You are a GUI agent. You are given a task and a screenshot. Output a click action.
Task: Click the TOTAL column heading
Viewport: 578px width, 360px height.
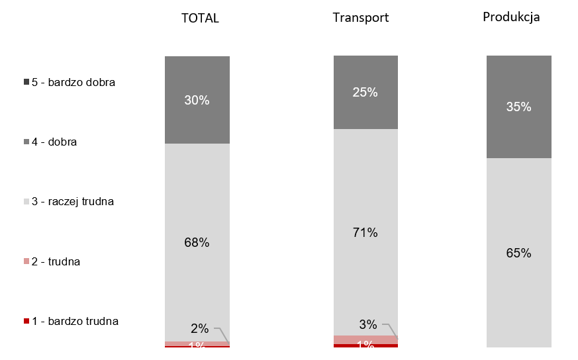click(200, 19)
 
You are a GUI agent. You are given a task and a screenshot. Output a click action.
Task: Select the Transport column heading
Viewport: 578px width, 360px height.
click(361, 18)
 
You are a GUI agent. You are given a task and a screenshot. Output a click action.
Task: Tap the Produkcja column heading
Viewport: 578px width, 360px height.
click(511, 17)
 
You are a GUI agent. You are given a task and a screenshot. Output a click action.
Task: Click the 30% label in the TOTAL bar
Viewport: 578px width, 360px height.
click(197, 101)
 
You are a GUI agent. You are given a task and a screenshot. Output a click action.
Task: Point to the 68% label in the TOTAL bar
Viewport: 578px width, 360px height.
click(197, 243)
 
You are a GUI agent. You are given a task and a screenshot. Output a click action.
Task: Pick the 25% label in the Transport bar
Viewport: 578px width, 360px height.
click(365, 93)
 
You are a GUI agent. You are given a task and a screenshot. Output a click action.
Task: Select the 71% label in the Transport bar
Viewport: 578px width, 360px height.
click(365, 233)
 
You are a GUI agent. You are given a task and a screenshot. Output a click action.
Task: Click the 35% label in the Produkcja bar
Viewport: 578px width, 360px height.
click(518, 107)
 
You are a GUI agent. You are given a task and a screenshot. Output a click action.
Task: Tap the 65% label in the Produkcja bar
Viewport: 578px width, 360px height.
click(518, 253)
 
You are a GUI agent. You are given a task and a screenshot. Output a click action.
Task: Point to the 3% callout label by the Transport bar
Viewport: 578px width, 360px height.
click(368, 324)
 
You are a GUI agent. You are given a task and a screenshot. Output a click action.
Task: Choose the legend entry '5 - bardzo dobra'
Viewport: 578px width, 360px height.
click(73, 83)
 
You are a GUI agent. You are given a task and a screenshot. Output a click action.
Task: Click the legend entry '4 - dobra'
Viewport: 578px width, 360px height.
click(54, 142)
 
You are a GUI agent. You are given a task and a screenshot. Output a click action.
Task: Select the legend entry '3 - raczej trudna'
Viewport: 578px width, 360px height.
click(73, 201)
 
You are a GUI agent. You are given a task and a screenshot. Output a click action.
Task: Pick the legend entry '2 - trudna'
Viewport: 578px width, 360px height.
click(56, 261)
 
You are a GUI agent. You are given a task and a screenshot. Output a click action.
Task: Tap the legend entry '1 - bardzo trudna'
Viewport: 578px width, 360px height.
click(75, 322)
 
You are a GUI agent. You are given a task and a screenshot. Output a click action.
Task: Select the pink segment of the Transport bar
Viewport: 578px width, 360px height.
click(365, 339)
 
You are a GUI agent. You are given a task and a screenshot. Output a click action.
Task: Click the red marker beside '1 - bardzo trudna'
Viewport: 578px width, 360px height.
click(26, 322)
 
